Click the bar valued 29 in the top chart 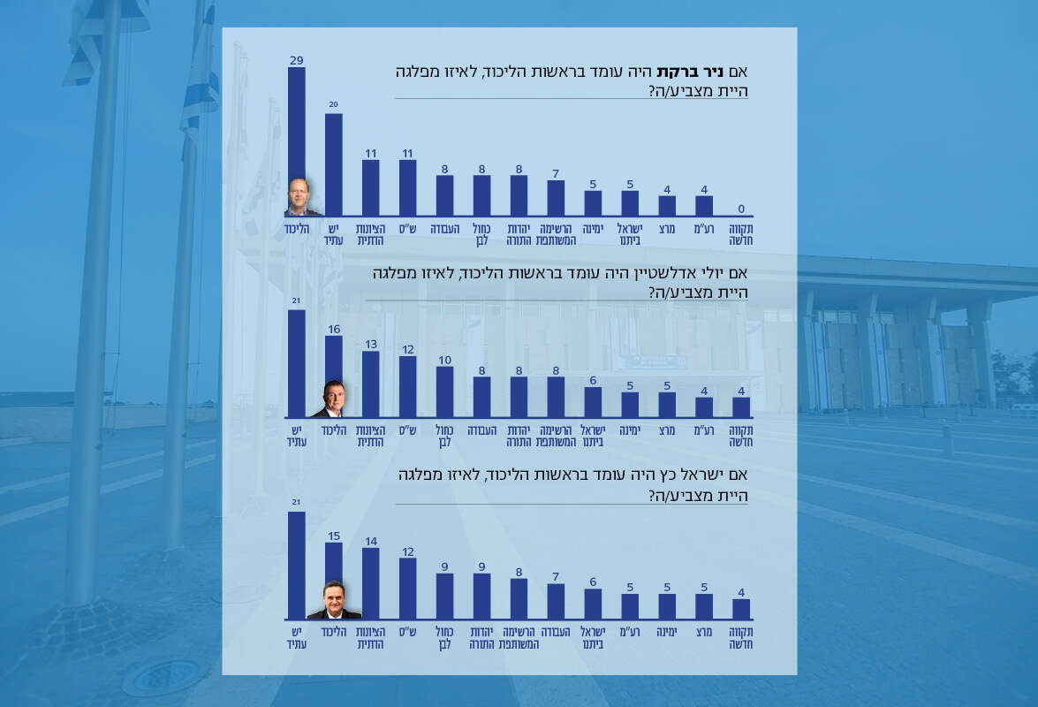coord(297,124)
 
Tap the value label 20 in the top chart coord(333,104)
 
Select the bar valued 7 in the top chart coord(556,198)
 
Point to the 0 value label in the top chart coord(741,209)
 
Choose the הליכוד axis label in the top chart coord(296,229)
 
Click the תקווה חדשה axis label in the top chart coord(741,234)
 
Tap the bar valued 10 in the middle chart coord(445,392)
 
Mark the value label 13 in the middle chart coord(370,344)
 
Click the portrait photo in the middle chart coord(333,399)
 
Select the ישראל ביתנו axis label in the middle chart coord(593,436)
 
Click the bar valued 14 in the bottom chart coord(370,583)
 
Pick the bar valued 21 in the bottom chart coord(297,566)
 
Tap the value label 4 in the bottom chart coord(741,592)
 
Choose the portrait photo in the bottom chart coord(333,601)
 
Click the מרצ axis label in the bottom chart coord(704,633)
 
